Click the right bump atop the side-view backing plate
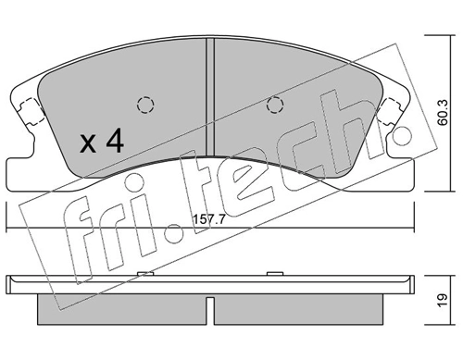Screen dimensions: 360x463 [x=275, y=273]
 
